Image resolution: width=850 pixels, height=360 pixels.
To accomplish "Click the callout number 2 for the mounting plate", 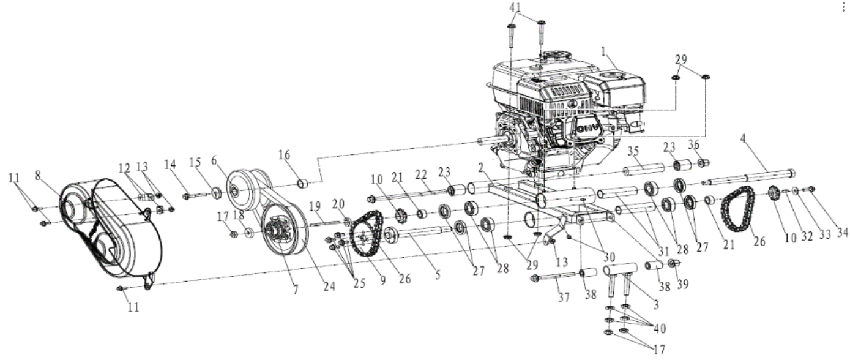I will (482, 167).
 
